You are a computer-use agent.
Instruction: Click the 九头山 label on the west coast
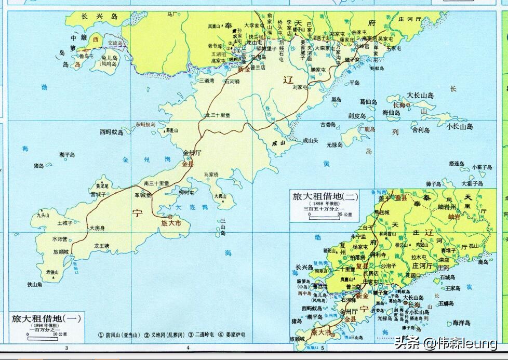(x=43, y=215)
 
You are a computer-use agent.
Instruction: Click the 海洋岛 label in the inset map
(x=461, y=323)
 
